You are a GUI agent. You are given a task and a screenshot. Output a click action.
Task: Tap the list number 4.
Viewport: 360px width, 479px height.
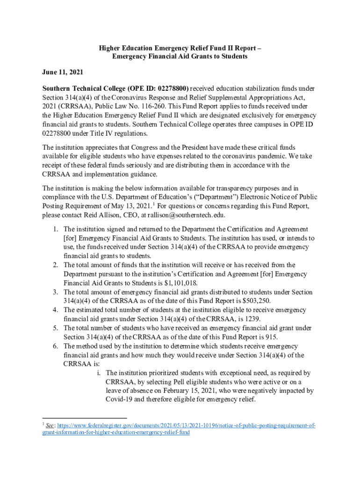(x=55, y=310)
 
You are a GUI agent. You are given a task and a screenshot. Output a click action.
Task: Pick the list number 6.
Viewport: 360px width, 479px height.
(x=55, y=346)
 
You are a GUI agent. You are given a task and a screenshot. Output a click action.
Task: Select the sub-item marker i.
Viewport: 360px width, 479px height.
(x=99, y=373)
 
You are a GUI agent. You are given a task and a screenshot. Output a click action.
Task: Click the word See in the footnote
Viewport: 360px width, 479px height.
(x=49, y=426)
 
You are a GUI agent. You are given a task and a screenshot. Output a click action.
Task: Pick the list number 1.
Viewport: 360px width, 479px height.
(x=55, y=229)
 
